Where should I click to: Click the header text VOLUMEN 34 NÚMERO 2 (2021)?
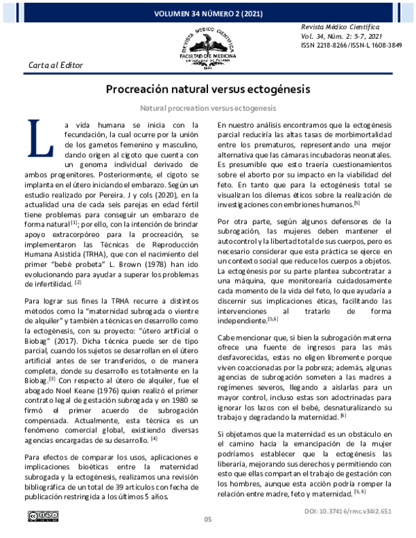[207, 12]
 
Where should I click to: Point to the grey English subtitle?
[207, 108]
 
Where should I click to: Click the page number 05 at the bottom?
[207, 521]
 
